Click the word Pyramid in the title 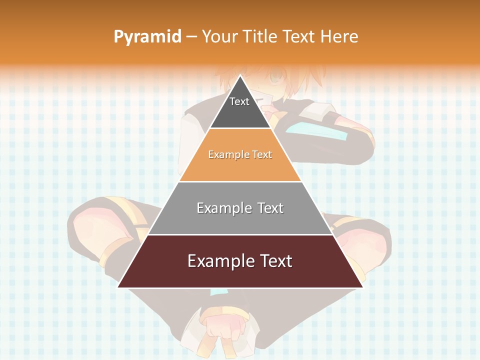point(147,37)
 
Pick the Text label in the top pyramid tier point(239,101)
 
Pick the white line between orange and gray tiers point(240,181)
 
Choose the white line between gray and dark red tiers point(240,234)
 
